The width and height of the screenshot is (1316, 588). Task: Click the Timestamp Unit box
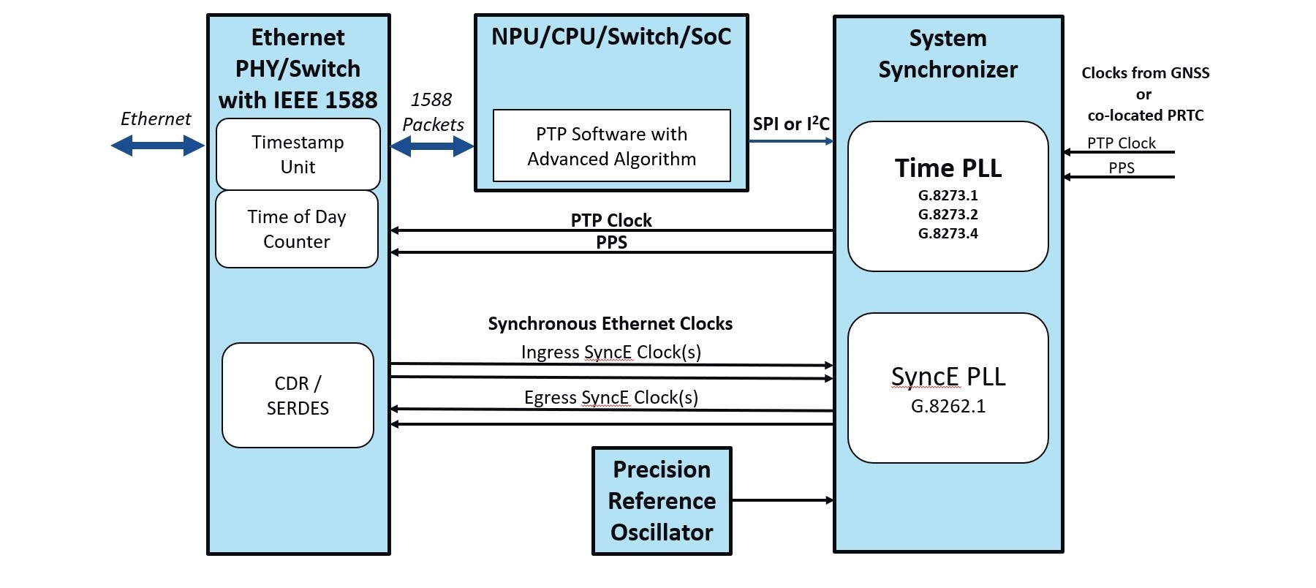click(x=298, y=154)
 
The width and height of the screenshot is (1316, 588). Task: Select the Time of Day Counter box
click(x=297, y=229)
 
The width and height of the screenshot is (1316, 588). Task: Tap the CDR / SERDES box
click(x=298, y=395)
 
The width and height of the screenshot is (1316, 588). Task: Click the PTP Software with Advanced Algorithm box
click(x=612, y=146)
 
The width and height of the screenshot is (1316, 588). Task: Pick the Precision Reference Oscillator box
click(x=662, y=501)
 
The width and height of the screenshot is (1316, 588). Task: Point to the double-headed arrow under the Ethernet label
click(x=157, y=146)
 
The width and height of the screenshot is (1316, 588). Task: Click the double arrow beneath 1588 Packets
click(x=432, y=147)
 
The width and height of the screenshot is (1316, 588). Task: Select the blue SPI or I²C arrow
click(x=792, y=141)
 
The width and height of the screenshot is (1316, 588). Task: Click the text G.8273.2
click(x=948, y=214)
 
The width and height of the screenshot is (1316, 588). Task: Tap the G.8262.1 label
click(x=948, y=406)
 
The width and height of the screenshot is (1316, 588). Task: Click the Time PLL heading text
click(x=948, y=168)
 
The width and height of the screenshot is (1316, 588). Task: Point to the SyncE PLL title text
click(x=948, y=377)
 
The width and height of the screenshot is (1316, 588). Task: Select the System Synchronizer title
click(x=948, y=53)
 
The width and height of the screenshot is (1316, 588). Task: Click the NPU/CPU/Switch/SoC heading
click(x=611, y=37)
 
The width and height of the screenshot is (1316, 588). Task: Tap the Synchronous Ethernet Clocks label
click(x=610, y=323)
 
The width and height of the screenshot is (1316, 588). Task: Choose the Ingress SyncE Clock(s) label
click(x=611, y=353)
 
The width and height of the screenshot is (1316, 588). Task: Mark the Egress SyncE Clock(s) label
click(x=611, y=398)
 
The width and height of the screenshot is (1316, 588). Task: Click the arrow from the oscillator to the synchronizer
click(x=783, y=500)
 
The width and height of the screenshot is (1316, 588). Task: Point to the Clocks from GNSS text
click(x=1146, y=73)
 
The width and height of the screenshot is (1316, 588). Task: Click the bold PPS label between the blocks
click(x=612, y=242)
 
